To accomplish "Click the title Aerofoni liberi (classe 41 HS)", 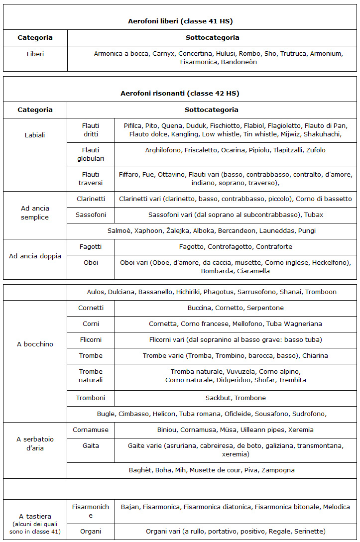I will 180,21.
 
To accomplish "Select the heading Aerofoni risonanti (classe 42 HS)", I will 180,93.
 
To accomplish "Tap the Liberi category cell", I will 35,54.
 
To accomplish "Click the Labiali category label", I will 35,135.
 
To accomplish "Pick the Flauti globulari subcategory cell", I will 91,154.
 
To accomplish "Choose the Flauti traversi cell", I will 91,179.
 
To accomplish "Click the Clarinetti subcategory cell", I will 91,199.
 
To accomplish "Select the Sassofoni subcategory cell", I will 91,215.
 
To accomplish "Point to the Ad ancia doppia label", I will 35,256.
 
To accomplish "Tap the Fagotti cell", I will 91,246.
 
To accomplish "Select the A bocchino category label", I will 35,344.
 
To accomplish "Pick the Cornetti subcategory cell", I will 91,308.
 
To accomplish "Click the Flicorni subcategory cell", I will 91,339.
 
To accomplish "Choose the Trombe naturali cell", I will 91,376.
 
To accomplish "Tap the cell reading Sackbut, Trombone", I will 236,398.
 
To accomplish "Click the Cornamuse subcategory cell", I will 91,430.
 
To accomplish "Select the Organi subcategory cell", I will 91,531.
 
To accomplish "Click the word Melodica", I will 336,507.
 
